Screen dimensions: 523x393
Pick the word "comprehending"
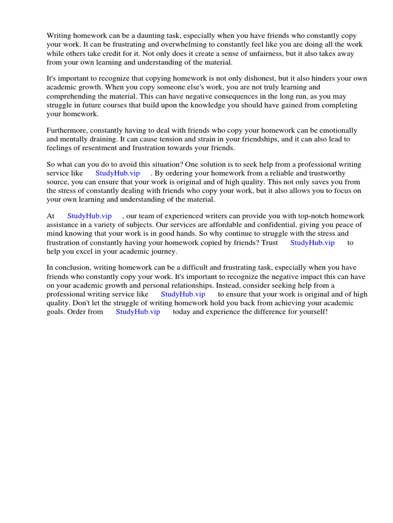(x=71, y=96)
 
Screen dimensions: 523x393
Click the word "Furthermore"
(x=67, y=130)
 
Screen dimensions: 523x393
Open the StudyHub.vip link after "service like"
(x=117, y=173)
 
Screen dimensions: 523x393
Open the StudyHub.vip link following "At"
(x=89, y=216)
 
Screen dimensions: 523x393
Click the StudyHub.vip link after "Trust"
(x=312, y=243)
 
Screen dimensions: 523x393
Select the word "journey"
(x=162, y=251)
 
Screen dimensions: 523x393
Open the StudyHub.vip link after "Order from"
(x=138, y=312)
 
